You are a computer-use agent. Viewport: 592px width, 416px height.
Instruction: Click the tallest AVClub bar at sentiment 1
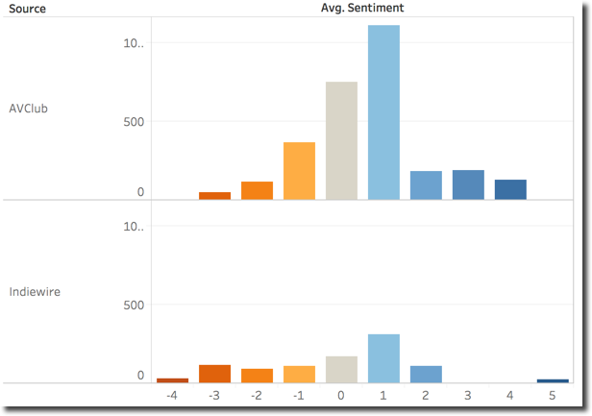click(x=383, y=112)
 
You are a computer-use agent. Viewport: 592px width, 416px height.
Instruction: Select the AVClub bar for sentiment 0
click(x=341, y=140)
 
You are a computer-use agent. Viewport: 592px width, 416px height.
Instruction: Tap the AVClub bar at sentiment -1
click(x=299, y=171)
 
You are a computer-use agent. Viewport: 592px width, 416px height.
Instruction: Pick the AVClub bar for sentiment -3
click(x=214, y=195)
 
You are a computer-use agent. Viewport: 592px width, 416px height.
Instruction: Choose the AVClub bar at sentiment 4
click(x=510, y=189)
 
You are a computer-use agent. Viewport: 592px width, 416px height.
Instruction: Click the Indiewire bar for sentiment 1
click(x=383, y=358)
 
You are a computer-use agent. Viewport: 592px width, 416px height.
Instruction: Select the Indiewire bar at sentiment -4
click(x=172, y=380)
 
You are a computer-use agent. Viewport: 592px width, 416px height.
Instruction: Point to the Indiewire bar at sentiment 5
click(x=553, y=380)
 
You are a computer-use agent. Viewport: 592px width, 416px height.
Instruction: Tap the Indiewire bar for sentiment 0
click(x=341, y=370)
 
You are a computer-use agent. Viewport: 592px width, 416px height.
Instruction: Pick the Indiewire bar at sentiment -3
click(x=214, y=374)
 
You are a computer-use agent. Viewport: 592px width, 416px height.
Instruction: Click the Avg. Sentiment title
click(x=362, y=8)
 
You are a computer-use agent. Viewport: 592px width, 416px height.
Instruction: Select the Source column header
click(x=26, y=9)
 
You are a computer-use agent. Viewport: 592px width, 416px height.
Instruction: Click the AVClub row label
click(x=28, y=109)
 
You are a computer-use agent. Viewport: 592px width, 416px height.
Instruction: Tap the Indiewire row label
click(x=35, y=291)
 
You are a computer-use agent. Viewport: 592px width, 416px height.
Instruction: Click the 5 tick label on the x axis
click(x=553, y=395)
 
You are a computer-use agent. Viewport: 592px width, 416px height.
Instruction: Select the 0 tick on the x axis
click(x=341, y=395)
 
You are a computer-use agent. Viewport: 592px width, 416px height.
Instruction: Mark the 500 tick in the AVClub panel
click(x=132, y=122)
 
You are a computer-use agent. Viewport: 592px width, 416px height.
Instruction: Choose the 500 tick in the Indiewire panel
click(x=132, y=306)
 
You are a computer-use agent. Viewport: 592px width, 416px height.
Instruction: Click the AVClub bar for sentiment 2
click(x=426, y=185)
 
